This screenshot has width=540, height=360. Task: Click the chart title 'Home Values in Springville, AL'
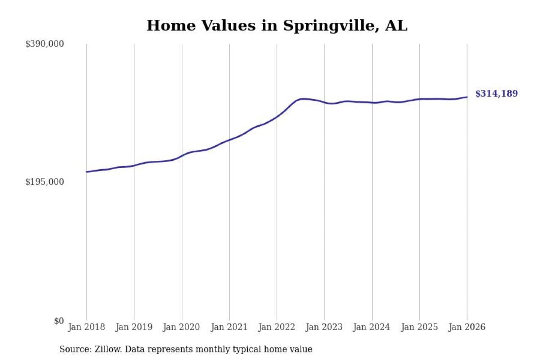tap(277, 26)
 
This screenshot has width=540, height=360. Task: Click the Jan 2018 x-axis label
tap(86, 327)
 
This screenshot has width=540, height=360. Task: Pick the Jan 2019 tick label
tap(134, 327)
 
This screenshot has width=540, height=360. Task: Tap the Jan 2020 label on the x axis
tap(182, 327)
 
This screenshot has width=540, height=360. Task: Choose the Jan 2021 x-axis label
tap(229, 327)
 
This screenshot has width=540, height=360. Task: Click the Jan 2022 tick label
tap(277, 327)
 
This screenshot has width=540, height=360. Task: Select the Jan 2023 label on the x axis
tap(324, 327)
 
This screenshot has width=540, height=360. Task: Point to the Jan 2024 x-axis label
tap(372, 327)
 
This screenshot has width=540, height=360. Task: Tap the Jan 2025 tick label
tap(420, 327)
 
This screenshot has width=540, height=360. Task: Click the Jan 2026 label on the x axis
tap(467, 327)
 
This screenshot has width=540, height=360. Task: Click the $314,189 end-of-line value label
tap(497, 94)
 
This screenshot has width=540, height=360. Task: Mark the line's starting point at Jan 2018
tap(87, 172)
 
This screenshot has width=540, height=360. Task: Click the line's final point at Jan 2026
tap(467, 97)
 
